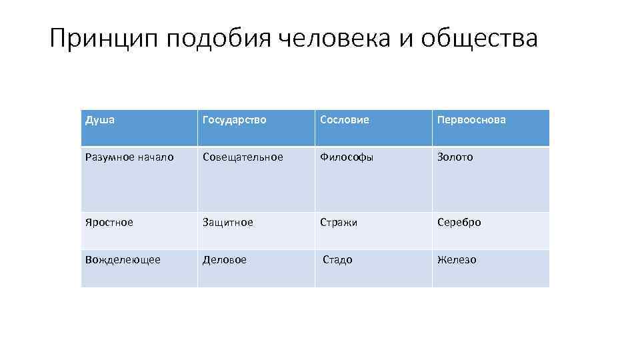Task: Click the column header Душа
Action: [100, 120]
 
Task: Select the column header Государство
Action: [235, 120]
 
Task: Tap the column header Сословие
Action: [344, 120]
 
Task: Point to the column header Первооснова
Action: [471, 120]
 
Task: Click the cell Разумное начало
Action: [129, 157]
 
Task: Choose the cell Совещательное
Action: [243, 157]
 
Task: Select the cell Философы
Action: [347, 157]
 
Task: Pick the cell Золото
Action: [455, 157]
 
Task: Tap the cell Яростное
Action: [109, 223]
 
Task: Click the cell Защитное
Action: [228, 223]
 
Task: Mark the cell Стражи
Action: [339, 223]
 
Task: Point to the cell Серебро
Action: [459, 223]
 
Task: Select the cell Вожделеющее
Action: [123, 260]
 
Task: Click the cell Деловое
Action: [225, 260]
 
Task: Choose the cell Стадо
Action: [337, 260]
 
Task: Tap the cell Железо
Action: [457, 260]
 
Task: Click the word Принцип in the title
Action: [103, 39]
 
